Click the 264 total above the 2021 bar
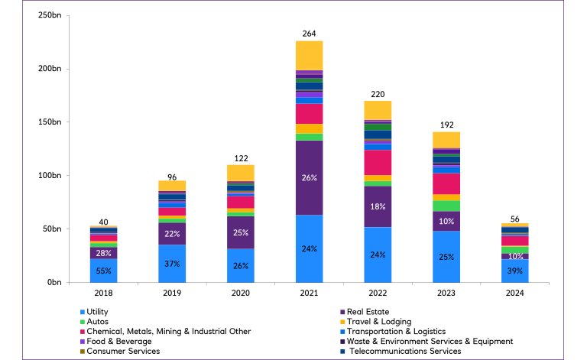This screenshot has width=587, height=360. (309, 33)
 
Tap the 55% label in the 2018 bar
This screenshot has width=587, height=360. (103, 271)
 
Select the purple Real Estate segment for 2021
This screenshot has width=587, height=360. (309, 177)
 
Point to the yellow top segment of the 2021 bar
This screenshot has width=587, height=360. (309, 55)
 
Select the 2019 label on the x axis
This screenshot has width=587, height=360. (172, 293)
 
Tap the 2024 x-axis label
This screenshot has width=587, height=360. (514, 293)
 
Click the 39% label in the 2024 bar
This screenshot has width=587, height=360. (514, 271)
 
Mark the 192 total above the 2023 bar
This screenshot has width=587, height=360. (446, 123)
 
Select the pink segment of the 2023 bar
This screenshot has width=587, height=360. (446, 184)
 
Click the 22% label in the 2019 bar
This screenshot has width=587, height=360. (172, 234)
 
